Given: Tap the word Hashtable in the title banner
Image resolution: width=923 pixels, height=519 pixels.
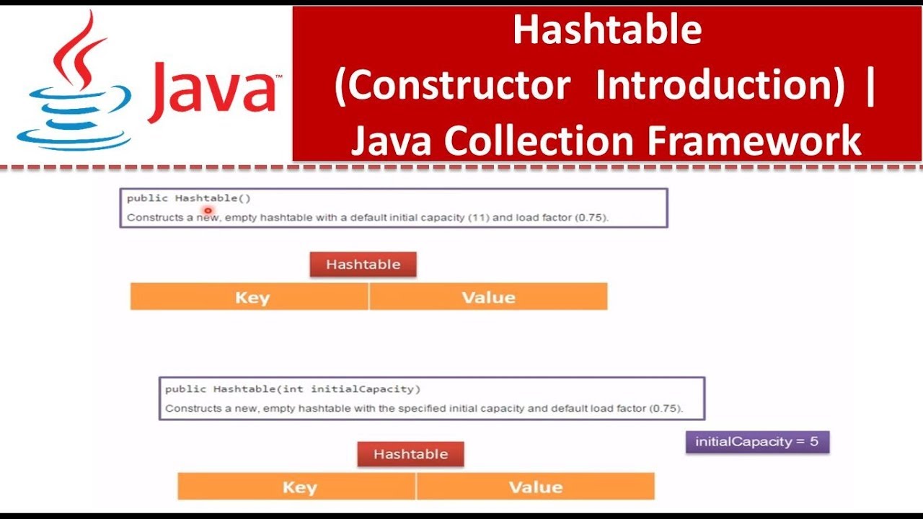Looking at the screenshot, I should coord(607,30).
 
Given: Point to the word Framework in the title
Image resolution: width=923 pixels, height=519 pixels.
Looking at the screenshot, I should coord(754,141).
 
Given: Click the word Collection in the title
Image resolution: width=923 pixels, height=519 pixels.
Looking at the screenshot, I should coord(541,141).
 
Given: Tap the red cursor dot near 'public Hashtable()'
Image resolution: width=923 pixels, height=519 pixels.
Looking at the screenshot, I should coord(207,210).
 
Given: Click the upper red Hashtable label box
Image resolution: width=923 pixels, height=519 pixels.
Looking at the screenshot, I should coord(363,265).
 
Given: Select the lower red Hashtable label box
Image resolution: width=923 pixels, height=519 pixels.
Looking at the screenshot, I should coord(410,454).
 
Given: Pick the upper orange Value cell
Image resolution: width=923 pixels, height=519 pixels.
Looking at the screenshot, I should coord(488,297).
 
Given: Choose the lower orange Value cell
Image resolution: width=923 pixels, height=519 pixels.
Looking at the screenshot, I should coord(535,487).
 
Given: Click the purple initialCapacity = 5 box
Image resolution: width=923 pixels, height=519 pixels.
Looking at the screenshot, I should coord(757,442).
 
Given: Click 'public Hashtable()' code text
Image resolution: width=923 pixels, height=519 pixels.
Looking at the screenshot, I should coord(188,198).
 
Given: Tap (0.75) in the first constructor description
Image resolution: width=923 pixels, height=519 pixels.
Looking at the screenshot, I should coord(591,217).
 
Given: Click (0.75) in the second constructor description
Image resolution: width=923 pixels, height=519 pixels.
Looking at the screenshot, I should coord(666,408).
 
